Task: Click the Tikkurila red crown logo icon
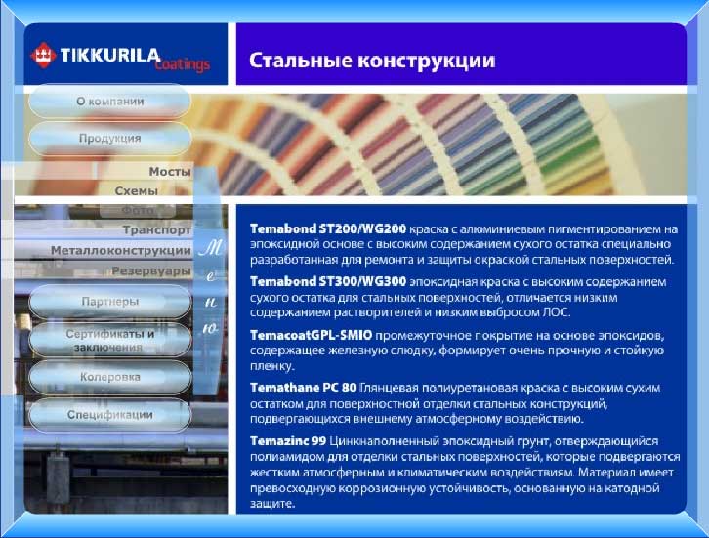(44, 53)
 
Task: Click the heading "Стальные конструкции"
(372, 61)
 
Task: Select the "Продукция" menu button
(109, 139)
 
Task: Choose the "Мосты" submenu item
(170, 171)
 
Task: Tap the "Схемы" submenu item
(137, 190)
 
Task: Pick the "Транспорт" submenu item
(156, 230)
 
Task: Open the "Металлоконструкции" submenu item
(120, 251)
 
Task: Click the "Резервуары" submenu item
(150, 270)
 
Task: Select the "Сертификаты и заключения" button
(109, 339)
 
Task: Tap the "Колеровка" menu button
(109, 377)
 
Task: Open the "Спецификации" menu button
(109, 414)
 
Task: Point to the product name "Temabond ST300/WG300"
(328, 281)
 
